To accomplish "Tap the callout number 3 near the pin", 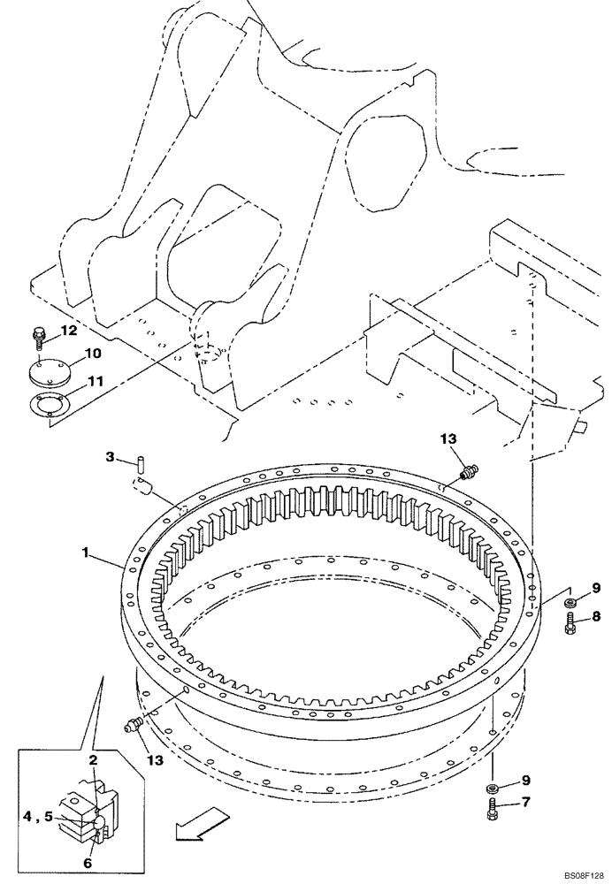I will pyautogui.click(x=110, y=456).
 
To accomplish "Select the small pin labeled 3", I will pyautogui.click(x=141, y=461).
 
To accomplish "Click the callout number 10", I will pyautogui.click(x=93, y=354).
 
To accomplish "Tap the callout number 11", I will pyautogui.click(x=93, y=383).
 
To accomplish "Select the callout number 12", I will pyautogui.click(x=69, y=331).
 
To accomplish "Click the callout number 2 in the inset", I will pyautogui.click(x=92, y=759).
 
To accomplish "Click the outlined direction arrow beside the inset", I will pyautogui.click(x=195, y=827).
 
